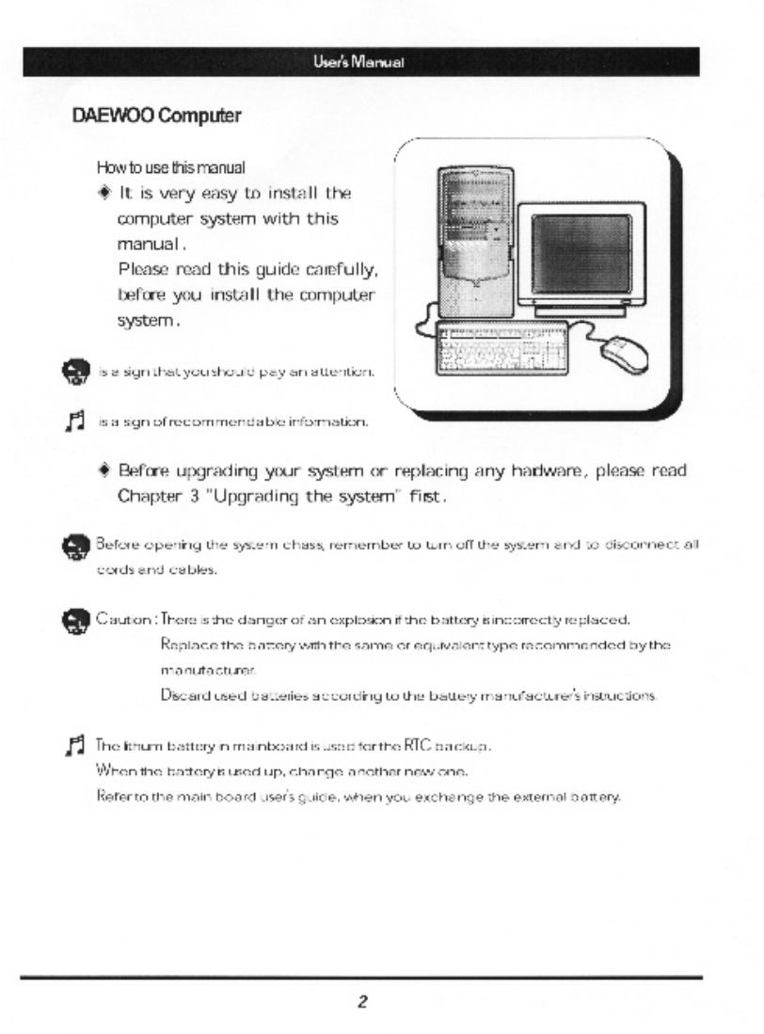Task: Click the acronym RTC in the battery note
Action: point(442,746)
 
